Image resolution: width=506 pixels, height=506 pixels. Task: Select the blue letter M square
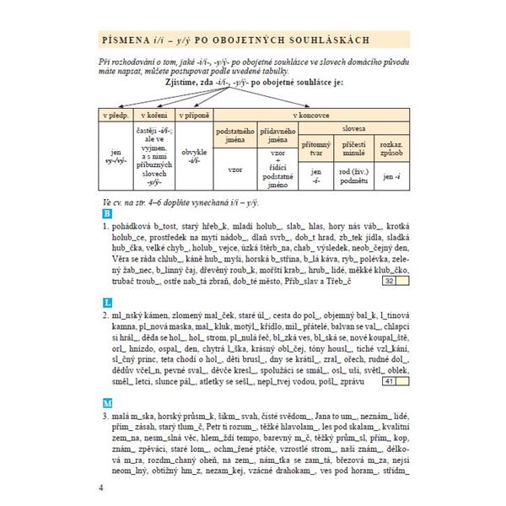105,403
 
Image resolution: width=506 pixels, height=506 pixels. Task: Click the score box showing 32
390,281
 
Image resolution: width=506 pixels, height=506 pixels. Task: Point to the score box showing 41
390,382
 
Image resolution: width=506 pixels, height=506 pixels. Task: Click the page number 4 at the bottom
101,489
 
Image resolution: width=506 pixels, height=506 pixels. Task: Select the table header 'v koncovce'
311,113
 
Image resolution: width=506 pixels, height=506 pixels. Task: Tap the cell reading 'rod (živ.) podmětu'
353,175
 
